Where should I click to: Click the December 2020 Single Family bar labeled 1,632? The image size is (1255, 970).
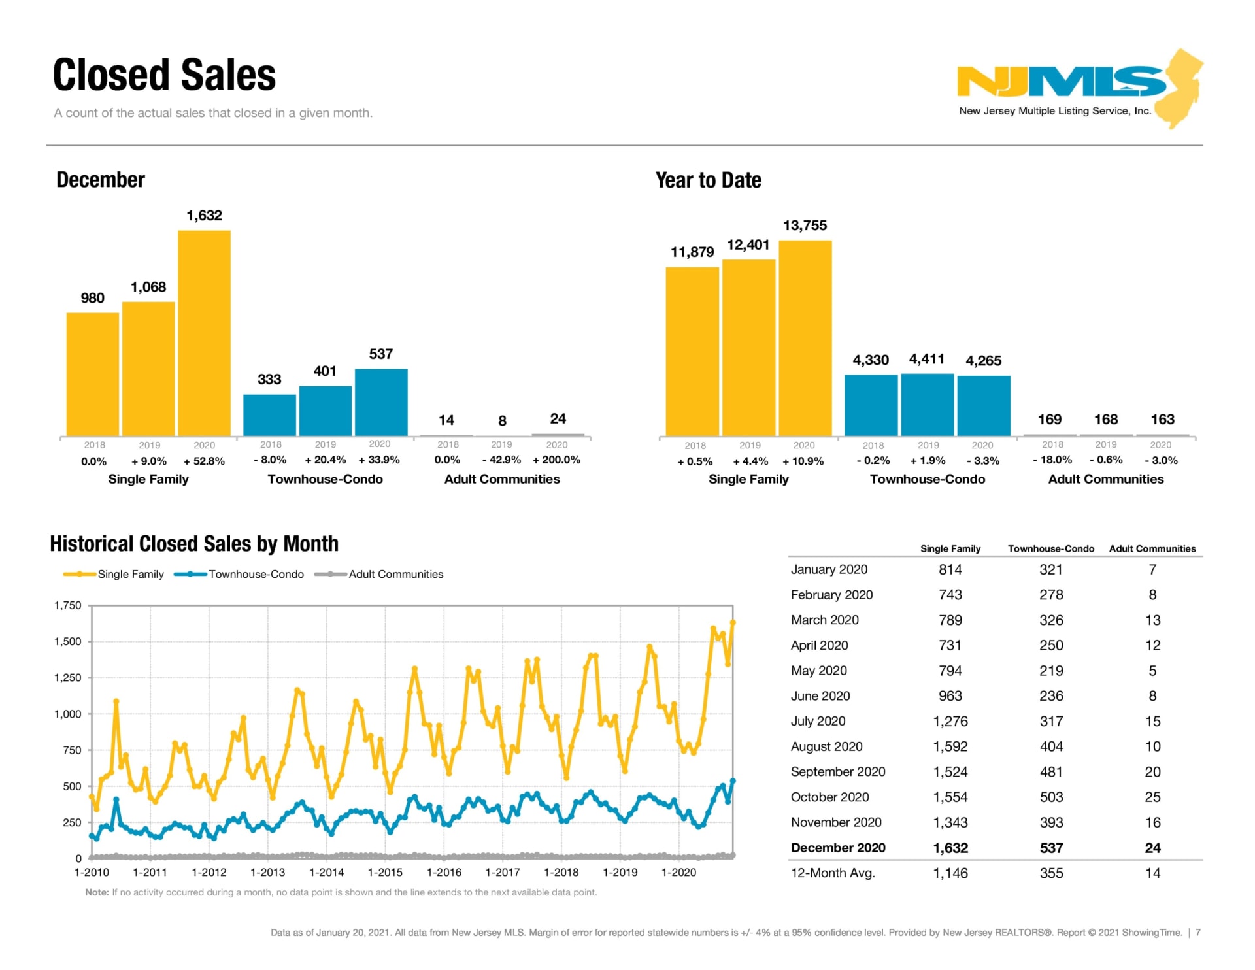click(x=204, y=333)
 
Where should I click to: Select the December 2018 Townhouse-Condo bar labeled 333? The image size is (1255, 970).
click(x=269, y=415)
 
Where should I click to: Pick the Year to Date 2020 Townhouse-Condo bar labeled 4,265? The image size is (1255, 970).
click(x=984, y=406)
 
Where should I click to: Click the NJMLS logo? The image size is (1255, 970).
click(x=1079, y=88)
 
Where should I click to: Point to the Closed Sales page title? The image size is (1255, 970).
click(x=164, y=75)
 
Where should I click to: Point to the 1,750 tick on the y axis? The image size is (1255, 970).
click(x=68, y=605)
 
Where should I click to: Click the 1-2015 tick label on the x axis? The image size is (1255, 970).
click(x=385, y=872)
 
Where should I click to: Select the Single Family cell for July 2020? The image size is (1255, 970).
click(x=950, y=721)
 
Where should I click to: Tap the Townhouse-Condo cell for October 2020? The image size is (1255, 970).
click(x=1051, y=797)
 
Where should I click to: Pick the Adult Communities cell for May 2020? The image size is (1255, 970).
click(x=1152, y=671)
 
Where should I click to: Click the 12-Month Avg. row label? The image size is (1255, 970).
click(x=833, y=873)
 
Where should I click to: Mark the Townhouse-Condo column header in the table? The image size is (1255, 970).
click(x=1050, y=548)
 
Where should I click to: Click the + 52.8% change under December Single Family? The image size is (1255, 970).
click(x=204, y=461)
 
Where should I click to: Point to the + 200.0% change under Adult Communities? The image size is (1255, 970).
click(x=556, y=460)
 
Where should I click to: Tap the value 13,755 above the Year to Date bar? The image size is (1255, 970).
click(x=805, y=226)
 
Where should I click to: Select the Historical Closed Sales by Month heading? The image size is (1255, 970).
click(x=194, y=544)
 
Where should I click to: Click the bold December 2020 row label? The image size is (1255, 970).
click(x=838, y=848)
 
